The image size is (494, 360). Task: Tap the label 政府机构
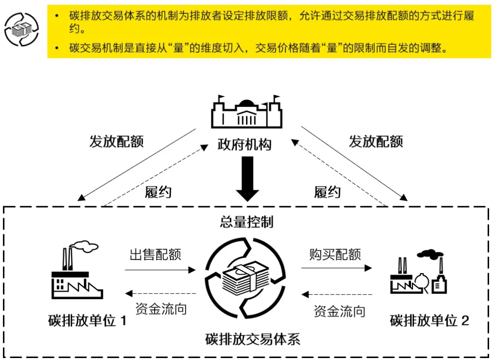point(244,144)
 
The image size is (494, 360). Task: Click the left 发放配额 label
point(116,141)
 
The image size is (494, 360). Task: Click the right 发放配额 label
point(375,141)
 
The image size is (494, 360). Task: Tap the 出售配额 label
point(155,255)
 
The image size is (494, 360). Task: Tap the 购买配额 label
point(335,255)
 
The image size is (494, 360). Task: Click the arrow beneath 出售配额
point(162,269)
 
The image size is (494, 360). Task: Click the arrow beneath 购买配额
point(336,268)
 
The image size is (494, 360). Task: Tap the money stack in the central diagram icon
point(245,278)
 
